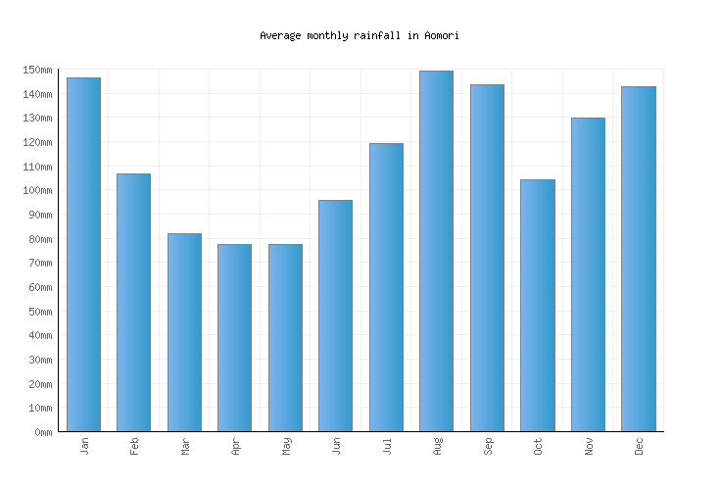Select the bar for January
[83, 255]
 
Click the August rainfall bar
[436, 251]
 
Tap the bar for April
[234, 338]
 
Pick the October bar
[537, 306]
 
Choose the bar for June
[335, 316]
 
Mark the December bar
[638, 259]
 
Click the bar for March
[184, 332]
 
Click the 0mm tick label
[42, 432]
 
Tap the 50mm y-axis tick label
[39, 312]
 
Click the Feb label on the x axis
[134, 446]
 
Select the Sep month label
[488, 446]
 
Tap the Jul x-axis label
[387, 446]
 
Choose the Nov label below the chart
[589, 446]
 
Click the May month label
[286, 446]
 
